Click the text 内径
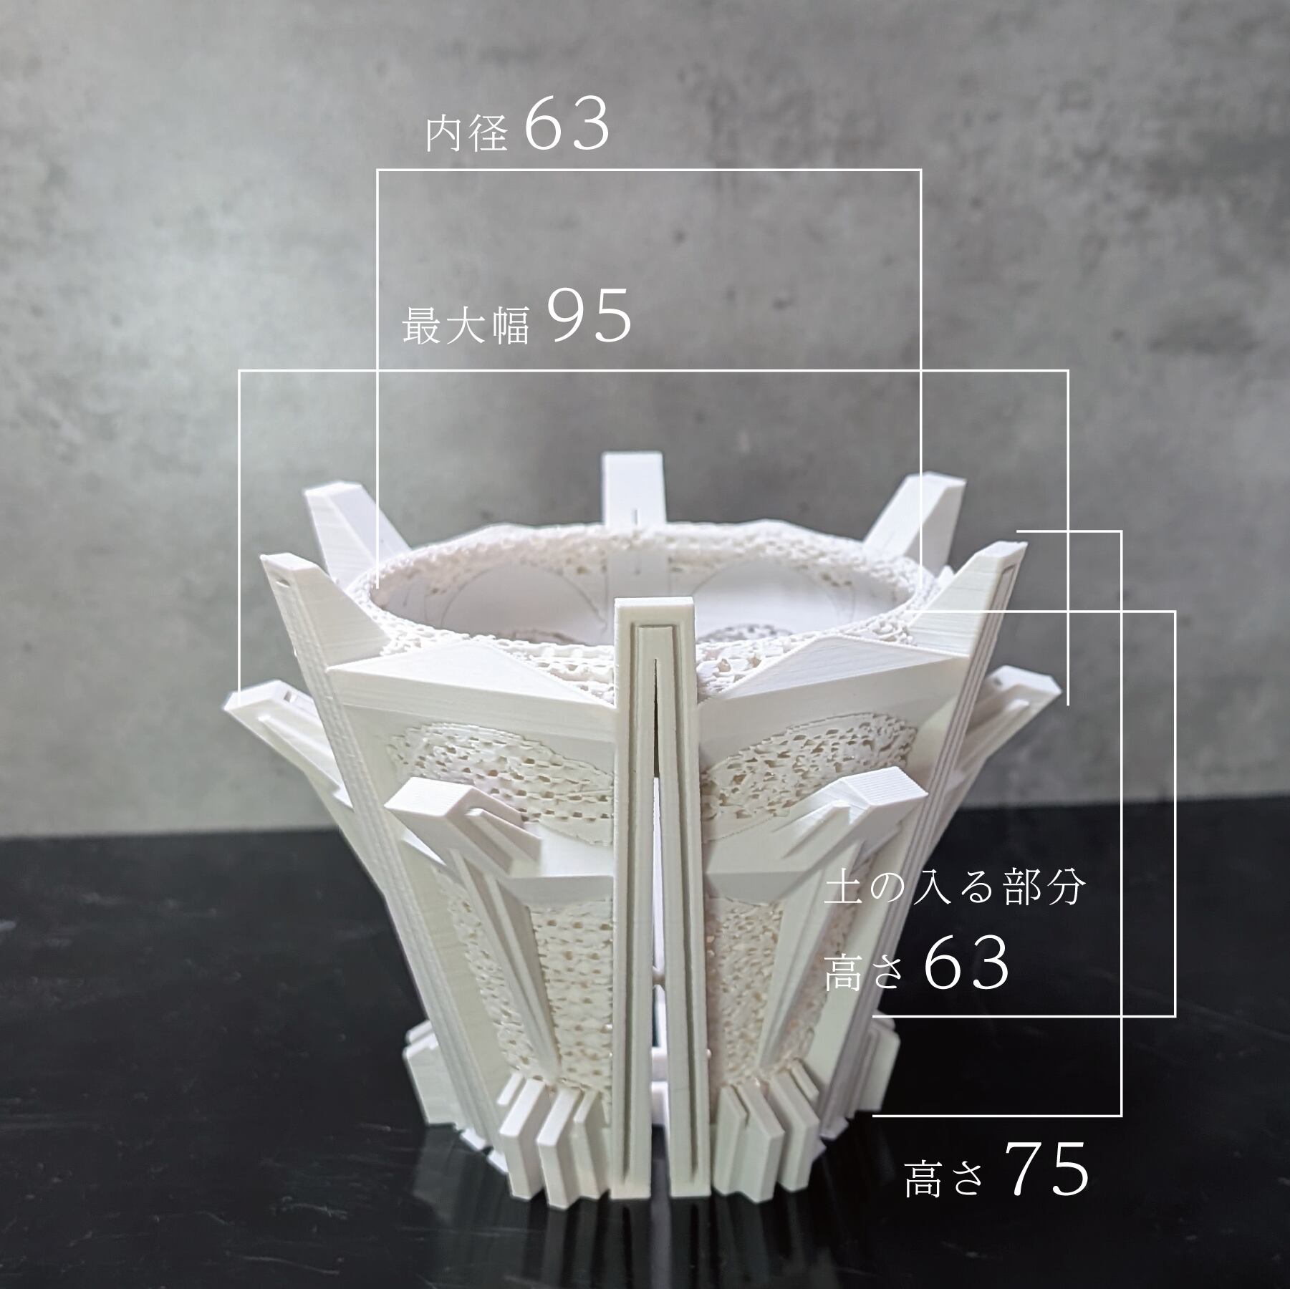click(467, 134)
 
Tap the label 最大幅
click(466, 324)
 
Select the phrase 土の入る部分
click(955, 889)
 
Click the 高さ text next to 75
click(944, 1177)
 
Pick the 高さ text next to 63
click(863, 970)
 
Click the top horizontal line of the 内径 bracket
click(648, 170)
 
